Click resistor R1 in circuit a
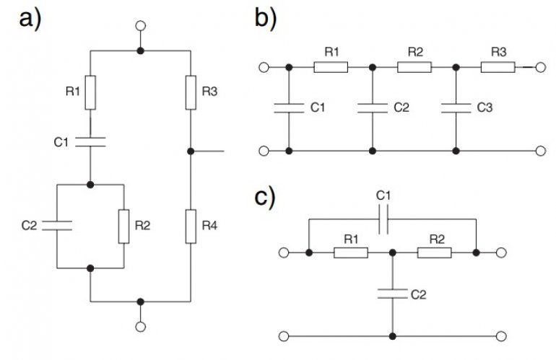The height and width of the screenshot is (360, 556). pyautogui.click(x=90, y=92)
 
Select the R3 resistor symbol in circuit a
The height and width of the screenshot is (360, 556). pyautogui.click(x=191, y=92)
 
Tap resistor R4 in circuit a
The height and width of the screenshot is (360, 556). pyautogui.click(x=191, y=227)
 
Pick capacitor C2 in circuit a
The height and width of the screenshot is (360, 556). pyautogui.click(x=57, y=226)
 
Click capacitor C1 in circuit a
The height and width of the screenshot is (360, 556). pyautogui.click(x=90, y=141)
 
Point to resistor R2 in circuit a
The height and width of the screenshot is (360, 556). pyautogui.click(x=123, y=227)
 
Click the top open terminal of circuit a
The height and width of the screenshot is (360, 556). pyautogui.click(x=141, y=26)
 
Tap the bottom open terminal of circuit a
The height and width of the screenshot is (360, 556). pyautogui.click(x=141, y=327)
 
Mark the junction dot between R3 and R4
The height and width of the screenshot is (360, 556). pyautogui.click(x=191, y=152)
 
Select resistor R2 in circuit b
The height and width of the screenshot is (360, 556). pyautogui.click(x=414, y=67)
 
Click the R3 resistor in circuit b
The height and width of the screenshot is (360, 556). pyautogui.click(x=498, y=67)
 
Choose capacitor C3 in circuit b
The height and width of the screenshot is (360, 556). pyautogui.click(x=456, y=108)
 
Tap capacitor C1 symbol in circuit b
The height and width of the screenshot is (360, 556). pyautogui.click(x=289, y=108)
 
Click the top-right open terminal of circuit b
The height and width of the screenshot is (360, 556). pyautogui.click(x=540, y=67)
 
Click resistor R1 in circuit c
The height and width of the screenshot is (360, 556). pyautogui.click(x=351, y=253)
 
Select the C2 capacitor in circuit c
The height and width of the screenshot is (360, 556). pyautogui.click(x=393, y=294)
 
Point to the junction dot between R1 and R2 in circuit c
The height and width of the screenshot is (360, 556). pyautogui.click(x=393, y=253)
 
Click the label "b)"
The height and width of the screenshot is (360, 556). pyautogui.click(x=265, y=18)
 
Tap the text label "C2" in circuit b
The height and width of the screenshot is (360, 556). pyautogui.click(x=401, y=107)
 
